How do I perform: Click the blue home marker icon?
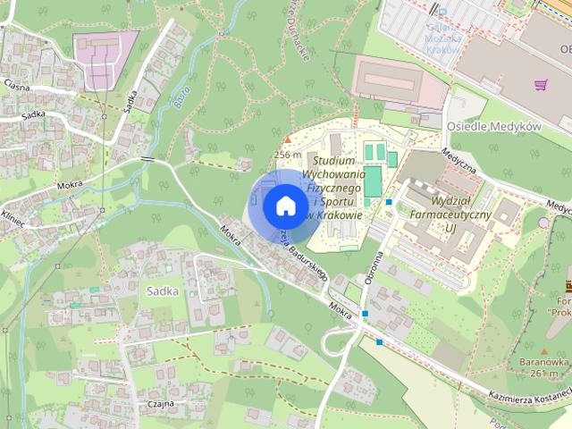(x=284, y=206)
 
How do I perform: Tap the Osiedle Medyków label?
(x=494, y=127)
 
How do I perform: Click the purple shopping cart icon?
(x=540, y=85)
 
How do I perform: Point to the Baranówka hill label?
(x=543, y=362)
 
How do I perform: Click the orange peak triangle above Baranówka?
(x=543, y=350)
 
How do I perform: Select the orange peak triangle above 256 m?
(x=287, y=139)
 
